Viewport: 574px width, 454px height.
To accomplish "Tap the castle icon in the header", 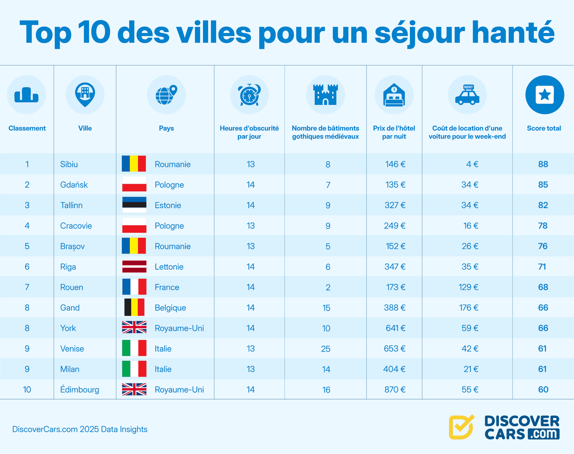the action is tap(325, 94).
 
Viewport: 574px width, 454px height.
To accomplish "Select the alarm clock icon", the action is tap(250, 94).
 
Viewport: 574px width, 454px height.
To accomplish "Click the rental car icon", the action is tap(467, 95).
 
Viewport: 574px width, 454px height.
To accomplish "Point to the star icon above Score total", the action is tap(545, 95).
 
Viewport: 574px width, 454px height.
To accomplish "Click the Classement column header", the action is tap(27, 128).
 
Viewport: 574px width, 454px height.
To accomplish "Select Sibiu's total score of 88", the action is tap(543, 164).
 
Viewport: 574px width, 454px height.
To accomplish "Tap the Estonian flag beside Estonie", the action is tap(134, 205).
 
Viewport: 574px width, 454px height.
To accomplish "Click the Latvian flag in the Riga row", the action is tap(134, 267).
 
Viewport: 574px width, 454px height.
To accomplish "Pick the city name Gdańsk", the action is tap(74, 185).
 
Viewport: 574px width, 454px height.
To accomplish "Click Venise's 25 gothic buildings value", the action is tap(326, 349).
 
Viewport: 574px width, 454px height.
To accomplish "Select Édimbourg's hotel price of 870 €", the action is tap(395, 390).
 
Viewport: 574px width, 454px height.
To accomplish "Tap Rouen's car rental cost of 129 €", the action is tap(468, 287).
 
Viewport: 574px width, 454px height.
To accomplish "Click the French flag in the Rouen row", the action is tap(134, 287).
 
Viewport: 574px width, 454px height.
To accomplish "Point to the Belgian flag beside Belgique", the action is tap(134, 307).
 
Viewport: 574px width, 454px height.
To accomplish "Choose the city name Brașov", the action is tap(72, 246).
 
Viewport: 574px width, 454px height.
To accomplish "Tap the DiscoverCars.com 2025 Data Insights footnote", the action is tap(80, 429).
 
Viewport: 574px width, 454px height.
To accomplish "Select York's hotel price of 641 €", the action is tap(395, 328).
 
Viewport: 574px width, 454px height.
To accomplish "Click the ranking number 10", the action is tap(27, 390).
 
